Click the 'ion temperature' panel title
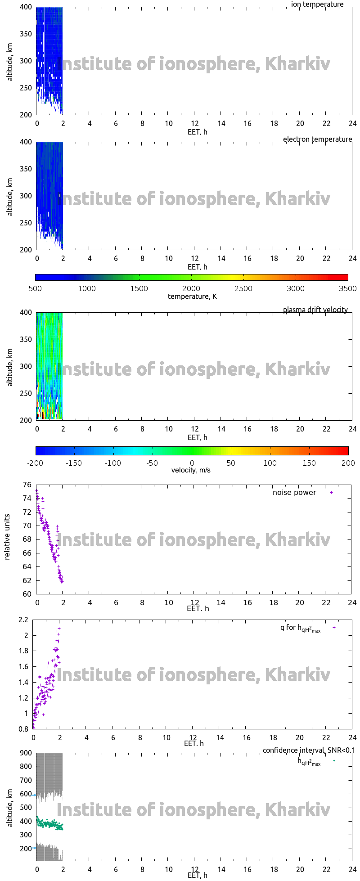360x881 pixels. pos(317,4)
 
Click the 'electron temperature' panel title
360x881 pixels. pos(317,139)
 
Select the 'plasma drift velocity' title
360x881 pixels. pos(315,310)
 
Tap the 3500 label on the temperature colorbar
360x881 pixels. pos(347,289)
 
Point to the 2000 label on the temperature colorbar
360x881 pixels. pos(191,289)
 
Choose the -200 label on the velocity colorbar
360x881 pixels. pos(35,463)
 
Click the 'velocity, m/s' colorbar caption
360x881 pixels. pos(191,471)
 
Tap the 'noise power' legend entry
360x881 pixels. pos(294,493)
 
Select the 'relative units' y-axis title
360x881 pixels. pos(8,539)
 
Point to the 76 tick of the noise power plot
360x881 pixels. pos(27,485)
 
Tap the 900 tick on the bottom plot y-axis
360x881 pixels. pos(25,753)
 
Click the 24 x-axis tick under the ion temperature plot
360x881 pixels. pos(352,124)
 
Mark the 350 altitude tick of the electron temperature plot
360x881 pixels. pos(25,169)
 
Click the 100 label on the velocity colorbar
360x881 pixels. pos(270,463)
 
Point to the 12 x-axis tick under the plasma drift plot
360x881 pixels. pos(195,429)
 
